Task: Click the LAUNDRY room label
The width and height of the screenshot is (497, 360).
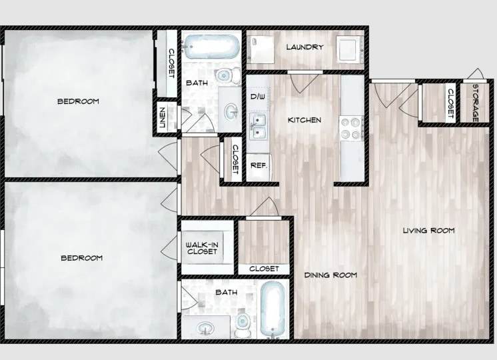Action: click(x=304, y=47)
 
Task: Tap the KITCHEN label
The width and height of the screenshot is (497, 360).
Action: click(x=304, y=121)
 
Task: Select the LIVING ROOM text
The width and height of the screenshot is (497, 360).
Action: click(x=428, y=231)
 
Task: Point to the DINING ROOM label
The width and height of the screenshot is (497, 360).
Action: click(x=330, y=275)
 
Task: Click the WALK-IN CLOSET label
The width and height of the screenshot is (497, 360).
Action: click(x=201, y=249)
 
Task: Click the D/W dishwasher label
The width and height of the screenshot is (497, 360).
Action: click(x=258, y=97)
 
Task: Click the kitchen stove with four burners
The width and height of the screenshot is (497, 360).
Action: click(x=351, y=128)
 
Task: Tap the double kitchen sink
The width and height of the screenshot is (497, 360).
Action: click(x=258, y=125)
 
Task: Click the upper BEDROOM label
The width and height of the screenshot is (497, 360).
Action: click(x=78, y=101)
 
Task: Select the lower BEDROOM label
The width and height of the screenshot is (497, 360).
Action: click(x=81, y=258)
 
